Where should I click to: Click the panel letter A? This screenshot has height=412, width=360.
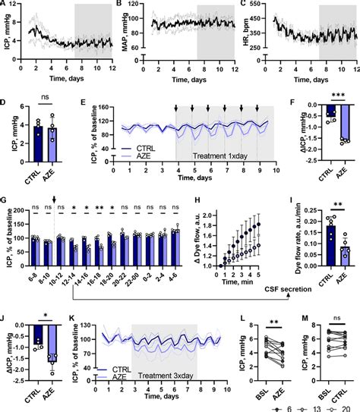coord(5,5)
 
